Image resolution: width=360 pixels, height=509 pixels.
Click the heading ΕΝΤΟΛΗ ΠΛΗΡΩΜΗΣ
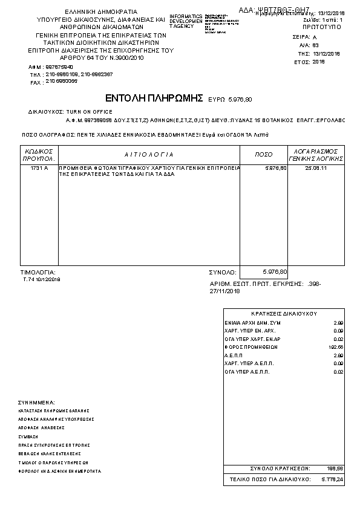[153, 98]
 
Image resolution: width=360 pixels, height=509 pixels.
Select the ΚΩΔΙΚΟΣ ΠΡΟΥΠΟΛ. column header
[39, 154]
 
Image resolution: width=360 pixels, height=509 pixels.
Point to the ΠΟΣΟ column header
[263, 155]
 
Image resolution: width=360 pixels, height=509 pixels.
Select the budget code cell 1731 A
[39, 167]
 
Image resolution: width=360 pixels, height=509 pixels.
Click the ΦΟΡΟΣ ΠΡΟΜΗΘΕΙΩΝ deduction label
[250, 348]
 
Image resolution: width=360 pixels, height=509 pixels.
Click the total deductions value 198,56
[335, 468]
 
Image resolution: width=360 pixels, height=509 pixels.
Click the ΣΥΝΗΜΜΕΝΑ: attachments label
[37, 402]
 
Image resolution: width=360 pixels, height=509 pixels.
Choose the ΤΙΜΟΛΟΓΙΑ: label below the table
[38, 273]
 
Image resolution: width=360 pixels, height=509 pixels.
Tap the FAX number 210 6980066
[62, 81]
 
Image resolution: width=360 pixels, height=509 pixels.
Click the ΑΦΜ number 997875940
[59, 66]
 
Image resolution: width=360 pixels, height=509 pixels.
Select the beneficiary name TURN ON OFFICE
[90, 112]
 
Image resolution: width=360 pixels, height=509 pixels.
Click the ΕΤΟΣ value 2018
[319, 62]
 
